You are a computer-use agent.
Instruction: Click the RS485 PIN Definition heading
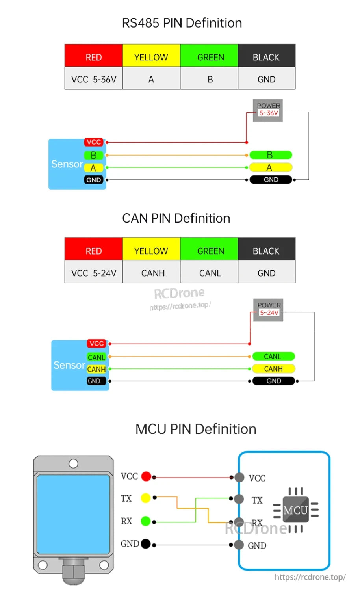(182, 23)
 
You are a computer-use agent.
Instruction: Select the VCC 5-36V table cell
(94, 79)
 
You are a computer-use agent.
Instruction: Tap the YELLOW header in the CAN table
(151, 251)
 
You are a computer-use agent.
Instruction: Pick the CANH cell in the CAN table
(152, 273)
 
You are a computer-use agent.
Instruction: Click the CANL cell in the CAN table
(210, 273)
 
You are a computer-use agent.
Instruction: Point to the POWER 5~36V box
(268, 110)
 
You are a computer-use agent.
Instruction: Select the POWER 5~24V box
(269, 309)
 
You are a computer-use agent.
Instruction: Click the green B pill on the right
(271, 155)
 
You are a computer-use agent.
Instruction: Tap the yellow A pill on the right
(271, 167)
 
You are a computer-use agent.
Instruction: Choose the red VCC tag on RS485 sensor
(94, 142)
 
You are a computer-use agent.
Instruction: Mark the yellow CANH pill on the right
(273, 369)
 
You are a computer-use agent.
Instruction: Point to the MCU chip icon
(296, 510)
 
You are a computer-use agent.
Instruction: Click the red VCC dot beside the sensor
(146, 476)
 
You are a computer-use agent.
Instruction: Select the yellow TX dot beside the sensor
(146, 498)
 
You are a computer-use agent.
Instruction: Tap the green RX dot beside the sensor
(146, 521)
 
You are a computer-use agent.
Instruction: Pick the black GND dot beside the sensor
(146, 544)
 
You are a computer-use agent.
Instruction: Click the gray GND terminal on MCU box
(239, 545)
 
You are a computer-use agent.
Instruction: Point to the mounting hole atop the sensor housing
(73, 463)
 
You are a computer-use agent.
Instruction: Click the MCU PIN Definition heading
(196, 429)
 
